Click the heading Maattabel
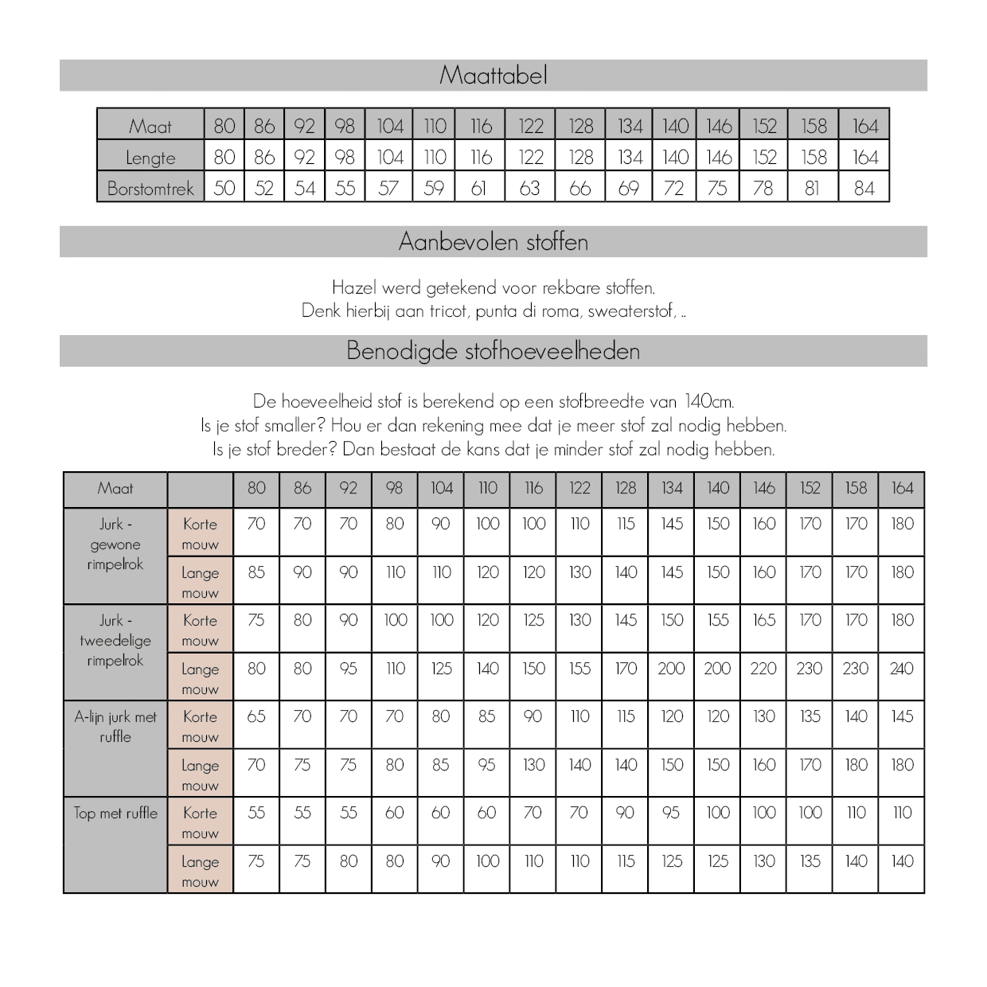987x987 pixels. (x=493, y=76)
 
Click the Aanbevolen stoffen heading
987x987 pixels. (x=493, y=242)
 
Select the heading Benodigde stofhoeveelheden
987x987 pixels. (x=493, y=351)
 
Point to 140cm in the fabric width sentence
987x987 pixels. (x=708, y=401)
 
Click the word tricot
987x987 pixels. (x=448, y=310)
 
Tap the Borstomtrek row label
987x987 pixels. (x=150, y=189)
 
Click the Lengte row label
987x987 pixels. (x=150, y=158)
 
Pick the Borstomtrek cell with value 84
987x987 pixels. (x=864, y=189)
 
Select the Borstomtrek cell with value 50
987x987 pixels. (x=224, y=189)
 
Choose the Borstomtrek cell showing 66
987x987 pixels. (x=580, y=189)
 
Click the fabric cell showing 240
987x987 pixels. (x=901, y=669)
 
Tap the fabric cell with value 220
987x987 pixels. (x=763, y=669)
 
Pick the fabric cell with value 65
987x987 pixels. (x=256, y=716)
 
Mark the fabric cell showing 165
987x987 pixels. (x=763, y=620)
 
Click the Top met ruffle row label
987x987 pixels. (x=115, y=813)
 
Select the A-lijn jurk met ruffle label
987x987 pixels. (x=115, y=726)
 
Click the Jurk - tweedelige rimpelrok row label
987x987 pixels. (x=115, y=640)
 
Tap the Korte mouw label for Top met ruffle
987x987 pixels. (x=200, y=822)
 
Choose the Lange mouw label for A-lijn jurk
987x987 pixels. (x=200, y=774)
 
